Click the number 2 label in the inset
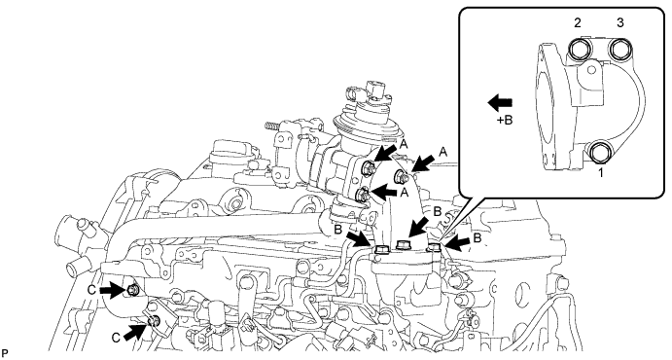tap(578, 23)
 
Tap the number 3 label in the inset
tap(620, 23)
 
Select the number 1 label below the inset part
tap(601, 173)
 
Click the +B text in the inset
tap(505, 121)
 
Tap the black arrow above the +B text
tap(500, 103)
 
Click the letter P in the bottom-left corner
tap(5, 353)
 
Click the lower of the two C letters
tap(116, 339)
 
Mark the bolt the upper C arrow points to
tap(132, 291)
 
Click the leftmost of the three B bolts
tap(380, 249)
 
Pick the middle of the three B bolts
tap(404, 245)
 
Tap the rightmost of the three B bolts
tap(435, 246)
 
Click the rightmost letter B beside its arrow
tap(477, 237)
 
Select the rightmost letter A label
tap(443, 152)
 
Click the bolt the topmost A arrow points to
tap(369, 167)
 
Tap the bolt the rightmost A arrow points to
tap(402, 175)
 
